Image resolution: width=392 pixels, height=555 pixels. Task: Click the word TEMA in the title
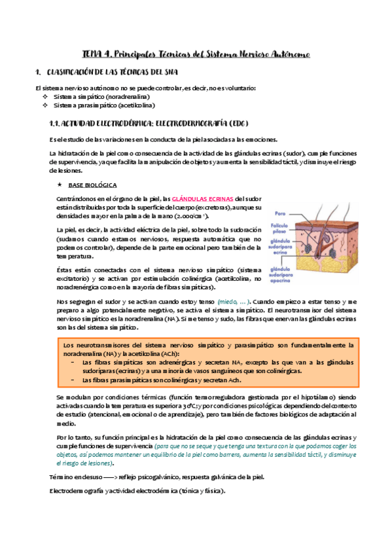pos(93,54)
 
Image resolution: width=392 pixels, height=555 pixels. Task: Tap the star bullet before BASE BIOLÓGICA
pos(60,185)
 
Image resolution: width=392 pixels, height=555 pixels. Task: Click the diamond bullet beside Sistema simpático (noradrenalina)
pos(45,96)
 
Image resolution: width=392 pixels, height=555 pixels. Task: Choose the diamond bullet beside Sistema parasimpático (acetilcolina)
pos(45,105)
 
